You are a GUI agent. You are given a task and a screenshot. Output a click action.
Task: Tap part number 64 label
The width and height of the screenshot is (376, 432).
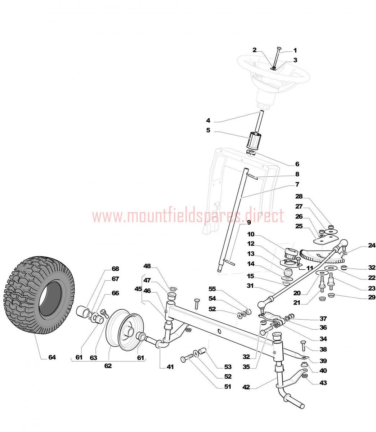click(52, 357)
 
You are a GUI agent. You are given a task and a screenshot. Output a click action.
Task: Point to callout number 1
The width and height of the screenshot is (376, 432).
click(295, 50)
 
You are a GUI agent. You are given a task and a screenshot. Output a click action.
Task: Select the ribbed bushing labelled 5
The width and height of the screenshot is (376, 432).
click(254, 140)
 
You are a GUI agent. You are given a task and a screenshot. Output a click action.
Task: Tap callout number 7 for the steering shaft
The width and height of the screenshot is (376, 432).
click(297, 184)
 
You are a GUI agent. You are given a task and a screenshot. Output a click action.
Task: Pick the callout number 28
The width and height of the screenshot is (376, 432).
click(299, 196)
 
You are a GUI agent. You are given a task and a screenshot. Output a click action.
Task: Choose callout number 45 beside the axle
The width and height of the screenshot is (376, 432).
click(138, 289)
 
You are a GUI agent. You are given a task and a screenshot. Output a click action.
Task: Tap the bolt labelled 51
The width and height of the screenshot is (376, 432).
click(187, 358)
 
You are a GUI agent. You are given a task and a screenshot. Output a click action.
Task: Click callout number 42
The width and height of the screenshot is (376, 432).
click(246, 387)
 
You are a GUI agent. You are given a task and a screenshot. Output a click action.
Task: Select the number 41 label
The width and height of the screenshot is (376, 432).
click(170, 367)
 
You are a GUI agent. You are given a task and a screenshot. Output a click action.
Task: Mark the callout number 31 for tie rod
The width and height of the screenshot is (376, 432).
click(250, 286)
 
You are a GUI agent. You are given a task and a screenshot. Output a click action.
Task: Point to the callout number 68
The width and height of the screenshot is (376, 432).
click(115, 269)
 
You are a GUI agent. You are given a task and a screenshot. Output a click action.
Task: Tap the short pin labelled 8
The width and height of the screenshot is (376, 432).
click(253, 176)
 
